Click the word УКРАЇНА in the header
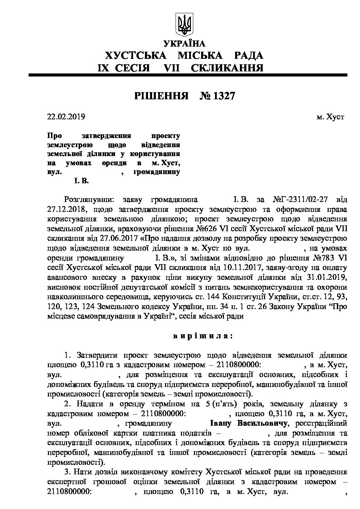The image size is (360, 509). (x=184, y=44)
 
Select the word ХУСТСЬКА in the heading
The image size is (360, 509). (x=135, y=55)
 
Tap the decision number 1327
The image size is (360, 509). (x=223, y=96)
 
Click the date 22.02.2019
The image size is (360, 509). (x=66, y=117)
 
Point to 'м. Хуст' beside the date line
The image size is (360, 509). (x=330, y=117)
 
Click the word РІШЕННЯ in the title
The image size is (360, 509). (x=161, y=96)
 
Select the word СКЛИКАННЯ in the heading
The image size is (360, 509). (x=227, y=68)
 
